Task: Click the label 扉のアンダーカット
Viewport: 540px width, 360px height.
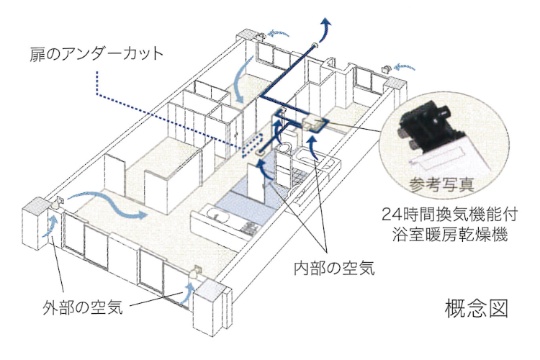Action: point(96,55)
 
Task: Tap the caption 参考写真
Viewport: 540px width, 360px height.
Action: point(442,185)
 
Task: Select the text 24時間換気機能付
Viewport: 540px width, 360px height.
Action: point(450,215)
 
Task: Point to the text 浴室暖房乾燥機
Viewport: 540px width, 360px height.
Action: point(450,235)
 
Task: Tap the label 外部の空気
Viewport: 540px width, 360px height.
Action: point(83,307)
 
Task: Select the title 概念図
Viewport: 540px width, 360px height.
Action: point(477,308)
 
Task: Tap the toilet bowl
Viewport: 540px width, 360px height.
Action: point(286,148)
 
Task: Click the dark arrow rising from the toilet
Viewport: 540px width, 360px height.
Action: point(278,132)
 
